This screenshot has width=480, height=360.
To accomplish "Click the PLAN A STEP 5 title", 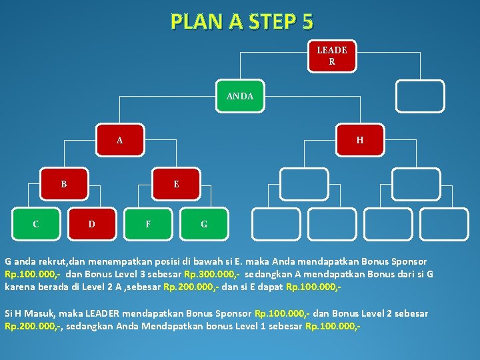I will pyautogui.click(x=241, y=21).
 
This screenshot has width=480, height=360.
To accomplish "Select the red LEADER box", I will pyautogui.click(x=331, y=56).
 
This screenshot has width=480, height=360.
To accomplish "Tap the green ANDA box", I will pyautogui.click(x=240, y=96).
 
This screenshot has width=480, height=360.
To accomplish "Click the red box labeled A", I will pyautogui.click(x=120, y=140).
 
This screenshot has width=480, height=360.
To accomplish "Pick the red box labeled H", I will pyautogui.click(x=360, y=140).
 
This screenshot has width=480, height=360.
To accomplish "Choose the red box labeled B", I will pyautogui.click(x=64, y=183).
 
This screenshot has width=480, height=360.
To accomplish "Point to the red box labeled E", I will pyautogui.click(x=176, y=183).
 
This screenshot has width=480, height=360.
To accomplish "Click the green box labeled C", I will pyautogui.click(x=36, y=224).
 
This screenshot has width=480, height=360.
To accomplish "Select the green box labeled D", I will pyautogui.click(x=91, y=224).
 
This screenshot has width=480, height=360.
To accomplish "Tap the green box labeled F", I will pyautogui.click(x=148, y=224).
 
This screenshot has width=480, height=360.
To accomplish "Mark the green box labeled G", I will pyautogui.click(x=204, y=224).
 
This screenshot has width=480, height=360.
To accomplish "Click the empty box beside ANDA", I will pyautogui.click(x=420, y=96).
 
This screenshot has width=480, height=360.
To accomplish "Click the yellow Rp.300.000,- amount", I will pyautogui.click(x=211, y=274).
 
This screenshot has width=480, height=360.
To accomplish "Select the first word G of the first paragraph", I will pyautogui.click(x=9, y=261).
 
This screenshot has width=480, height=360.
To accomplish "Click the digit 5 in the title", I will pyautogui.click(x=307, y=21).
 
